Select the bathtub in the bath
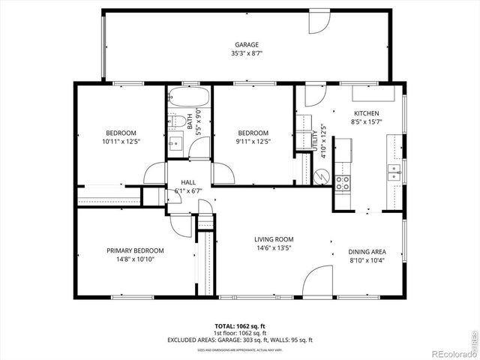pos(189,98)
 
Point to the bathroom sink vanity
pos(175,142)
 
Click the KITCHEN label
pos(366,113)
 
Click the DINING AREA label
pos(367,252)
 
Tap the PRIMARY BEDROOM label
pos(135,250)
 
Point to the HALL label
pos(187,182)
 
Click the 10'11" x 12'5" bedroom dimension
pos(121,141)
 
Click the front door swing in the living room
pos(318,281)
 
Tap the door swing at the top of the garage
pos(318,22)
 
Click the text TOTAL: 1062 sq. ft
pos(241,326)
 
